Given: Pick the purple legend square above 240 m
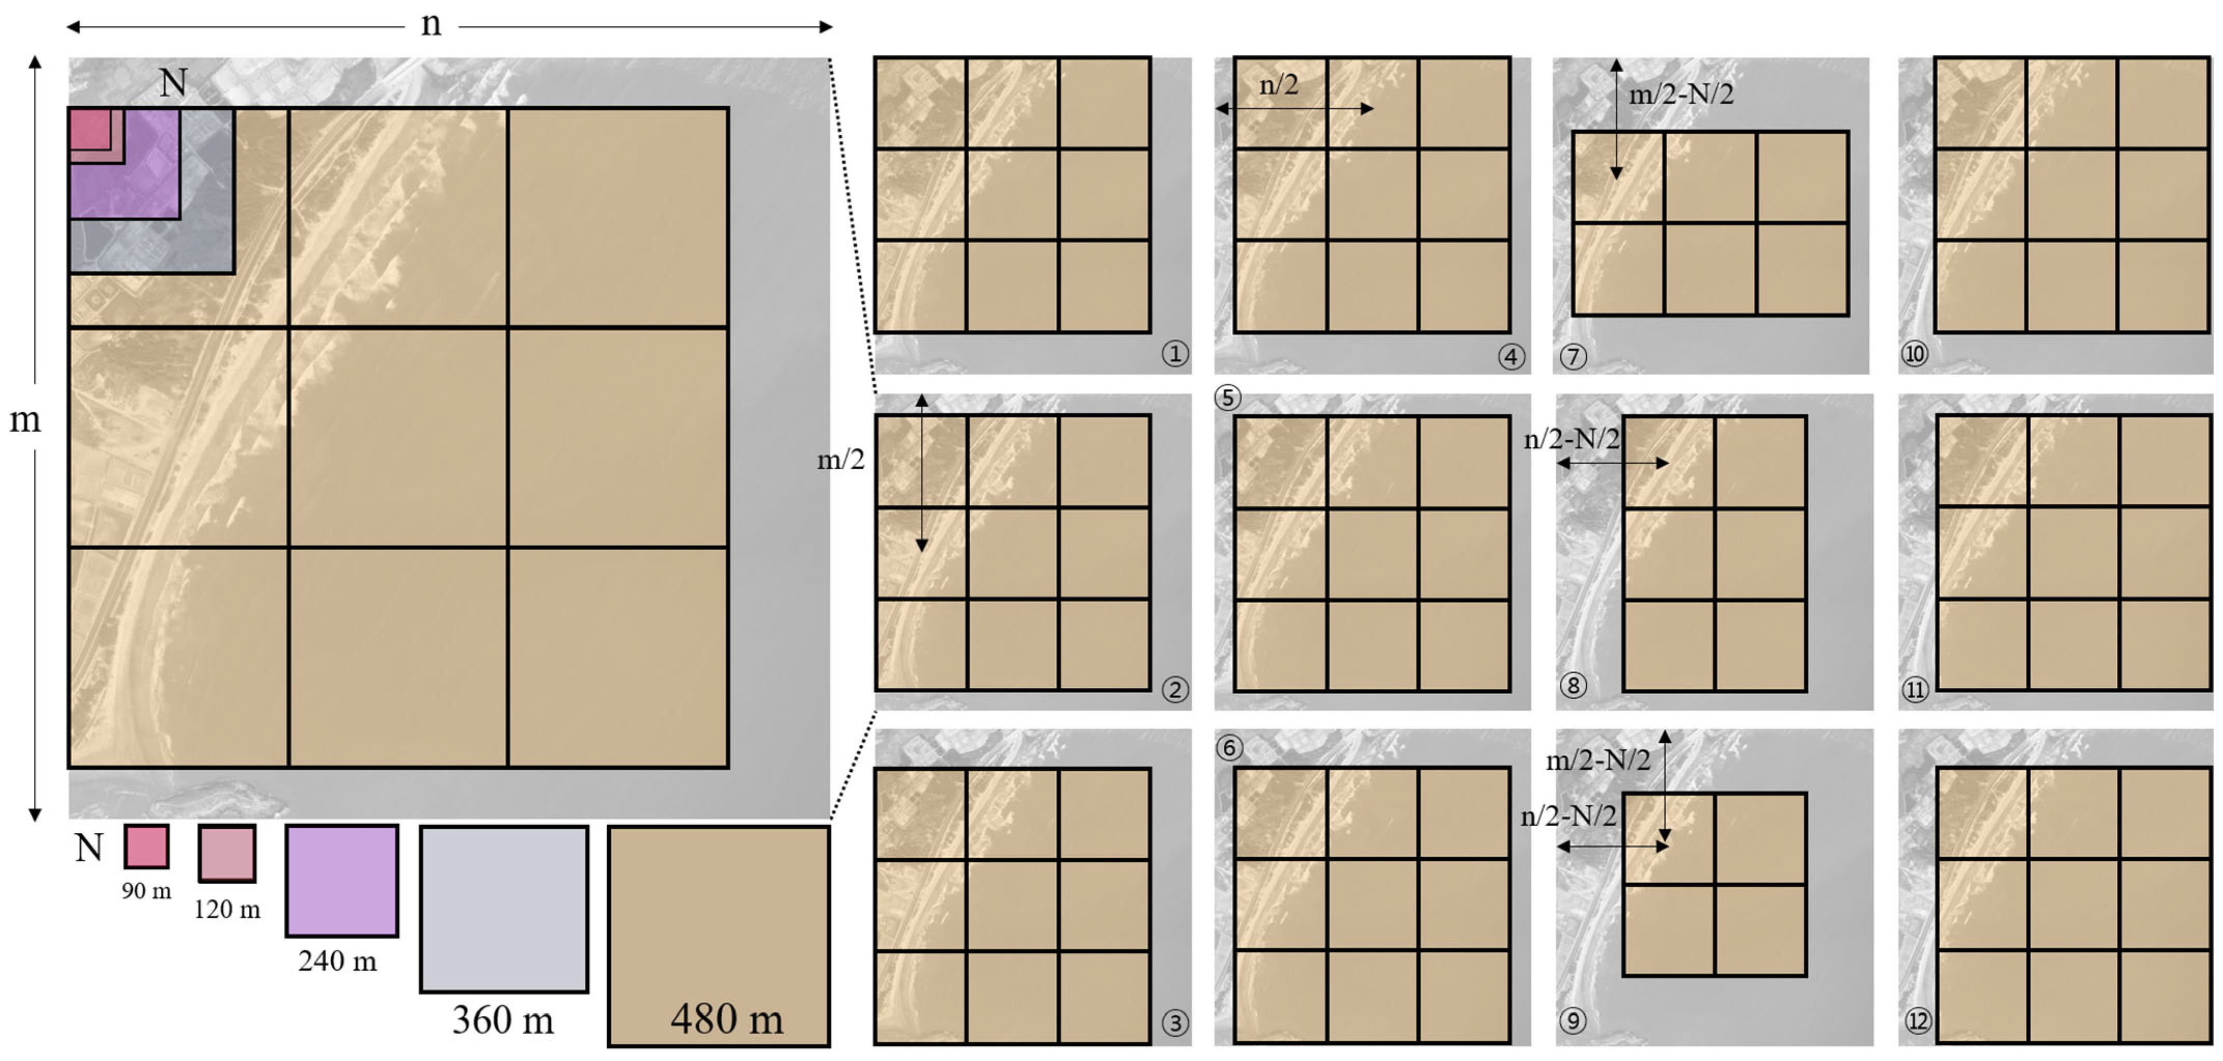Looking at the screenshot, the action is coord(342,881).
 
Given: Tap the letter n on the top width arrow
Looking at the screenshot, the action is coord(430,25).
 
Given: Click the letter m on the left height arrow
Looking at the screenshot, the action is coord(24,420).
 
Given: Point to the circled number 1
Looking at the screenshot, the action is coord(1175,353).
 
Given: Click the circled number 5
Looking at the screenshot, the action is coord(1227,398).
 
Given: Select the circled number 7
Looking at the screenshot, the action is coord(1573,356).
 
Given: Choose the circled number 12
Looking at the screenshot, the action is coord(1917,1021).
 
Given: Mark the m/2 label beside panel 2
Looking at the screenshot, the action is coord(841,460).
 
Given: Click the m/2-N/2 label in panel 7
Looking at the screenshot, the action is coord(1681,94).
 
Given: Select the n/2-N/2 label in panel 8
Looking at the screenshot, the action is coord(1572,439).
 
